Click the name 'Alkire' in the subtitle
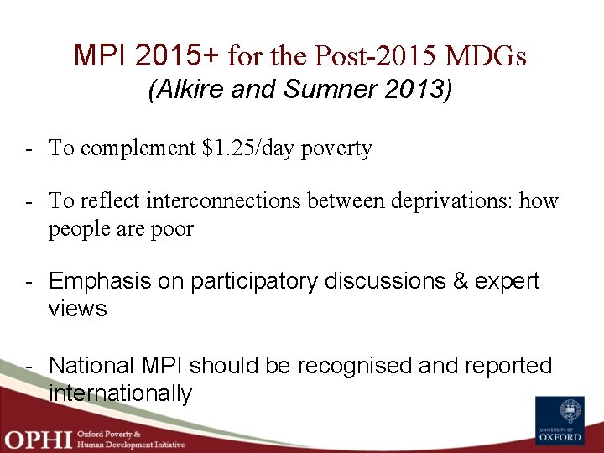(x=189, y=90)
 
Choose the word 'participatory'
(x=254, y=281)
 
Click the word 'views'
(x=78, y=309)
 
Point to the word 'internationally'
(x=121, y=393)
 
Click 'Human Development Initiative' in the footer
(x=131, y=445)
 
